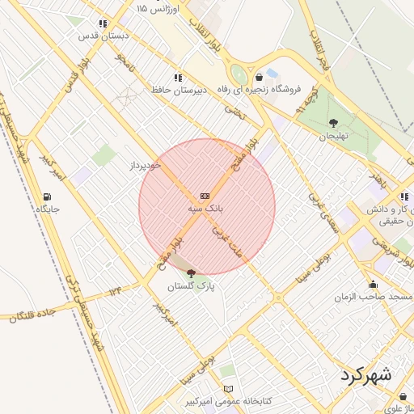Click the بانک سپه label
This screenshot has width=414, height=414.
tap(206, 209)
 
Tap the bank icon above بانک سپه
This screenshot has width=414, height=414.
tap(205, 196)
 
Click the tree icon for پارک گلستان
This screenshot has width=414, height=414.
tap(191, 273)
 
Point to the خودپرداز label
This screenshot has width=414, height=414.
tap(146, 165)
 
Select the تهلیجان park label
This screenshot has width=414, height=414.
tap(332, 136)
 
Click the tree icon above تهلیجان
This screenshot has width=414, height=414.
tap(333, 123)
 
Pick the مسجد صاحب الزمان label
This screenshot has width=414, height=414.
tap(374, 297)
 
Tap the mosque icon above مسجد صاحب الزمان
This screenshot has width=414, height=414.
tap(373, 284)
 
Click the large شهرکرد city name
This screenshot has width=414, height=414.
tap(365, 375)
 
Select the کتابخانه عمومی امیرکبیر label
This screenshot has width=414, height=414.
tap(228, 401)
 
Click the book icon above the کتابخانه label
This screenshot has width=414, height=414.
tap(228, 389)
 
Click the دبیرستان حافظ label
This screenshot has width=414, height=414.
tap(179, 90)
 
